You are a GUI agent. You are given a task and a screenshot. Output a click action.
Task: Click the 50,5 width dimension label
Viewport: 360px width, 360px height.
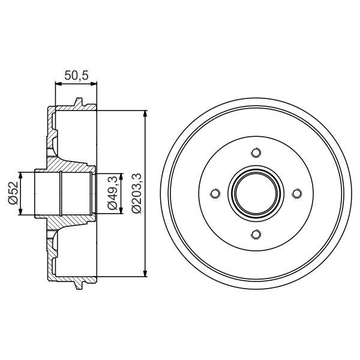click(74, 76)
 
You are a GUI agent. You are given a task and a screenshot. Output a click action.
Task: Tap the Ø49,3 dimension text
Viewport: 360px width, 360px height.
click(112, 194)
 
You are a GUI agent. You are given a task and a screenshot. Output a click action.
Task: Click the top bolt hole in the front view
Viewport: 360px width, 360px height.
click(256, 152)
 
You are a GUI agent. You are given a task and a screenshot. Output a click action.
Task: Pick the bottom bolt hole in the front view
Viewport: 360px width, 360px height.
click(256, 234)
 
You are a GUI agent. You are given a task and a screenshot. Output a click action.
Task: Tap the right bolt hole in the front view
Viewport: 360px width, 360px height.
click(296, 193)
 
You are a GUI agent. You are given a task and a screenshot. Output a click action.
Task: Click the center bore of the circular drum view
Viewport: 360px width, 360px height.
click(256, 193)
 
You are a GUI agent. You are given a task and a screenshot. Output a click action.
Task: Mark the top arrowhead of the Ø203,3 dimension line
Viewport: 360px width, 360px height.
click(145, 114)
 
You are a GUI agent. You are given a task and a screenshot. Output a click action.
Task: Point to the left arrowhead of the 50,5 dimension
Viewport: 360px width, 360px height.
click(57, 85)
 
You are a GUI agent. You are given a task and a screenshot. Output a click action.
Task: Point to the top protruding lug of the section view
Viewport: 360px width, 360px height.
click(79, 104)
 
